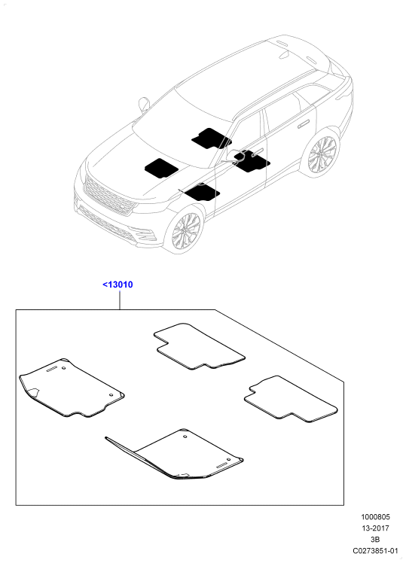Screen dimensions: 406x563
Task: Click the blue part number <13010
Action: click(x=118, y=285)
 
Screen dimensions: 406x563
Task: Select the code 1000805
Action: click(x=375, y=517)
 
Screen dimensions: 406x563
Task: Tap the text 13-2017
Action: click(x=375, y=528)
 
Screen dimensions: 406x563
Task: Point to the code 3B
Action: click(x=375, y=540)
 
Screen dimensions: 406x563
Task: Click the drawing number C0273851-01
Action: click(x=375, y=550)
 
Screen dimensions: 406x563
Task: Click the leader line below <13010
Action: click(x=119, y=300)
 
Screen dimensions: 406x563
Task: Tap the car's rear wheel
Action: click(x=322, y=154)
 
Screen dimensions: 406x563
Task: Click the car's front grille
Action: click(x=109, y=196)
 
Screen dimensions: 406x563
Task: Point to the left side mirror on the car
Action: click(x=144, y=104)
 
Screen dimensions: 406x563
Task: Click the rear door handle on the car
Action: click(x=304, y=124)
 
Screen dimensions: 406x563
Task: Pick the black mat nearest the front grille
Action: click(x=161, y=168)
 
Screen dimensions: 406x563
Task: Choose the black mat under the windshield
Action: click(x=211, y=138)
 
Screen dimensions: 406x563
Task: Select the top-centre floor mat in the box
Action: click(x=199, y=346)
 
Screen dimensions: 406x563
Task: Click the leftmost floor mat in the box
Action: click(x=71, y=388)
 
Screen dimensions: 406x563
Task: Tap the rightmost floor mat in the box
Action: click(x=291, y=399)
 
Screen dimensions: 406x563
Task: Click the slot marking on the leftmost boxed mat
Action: click(x=52, y=370)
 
